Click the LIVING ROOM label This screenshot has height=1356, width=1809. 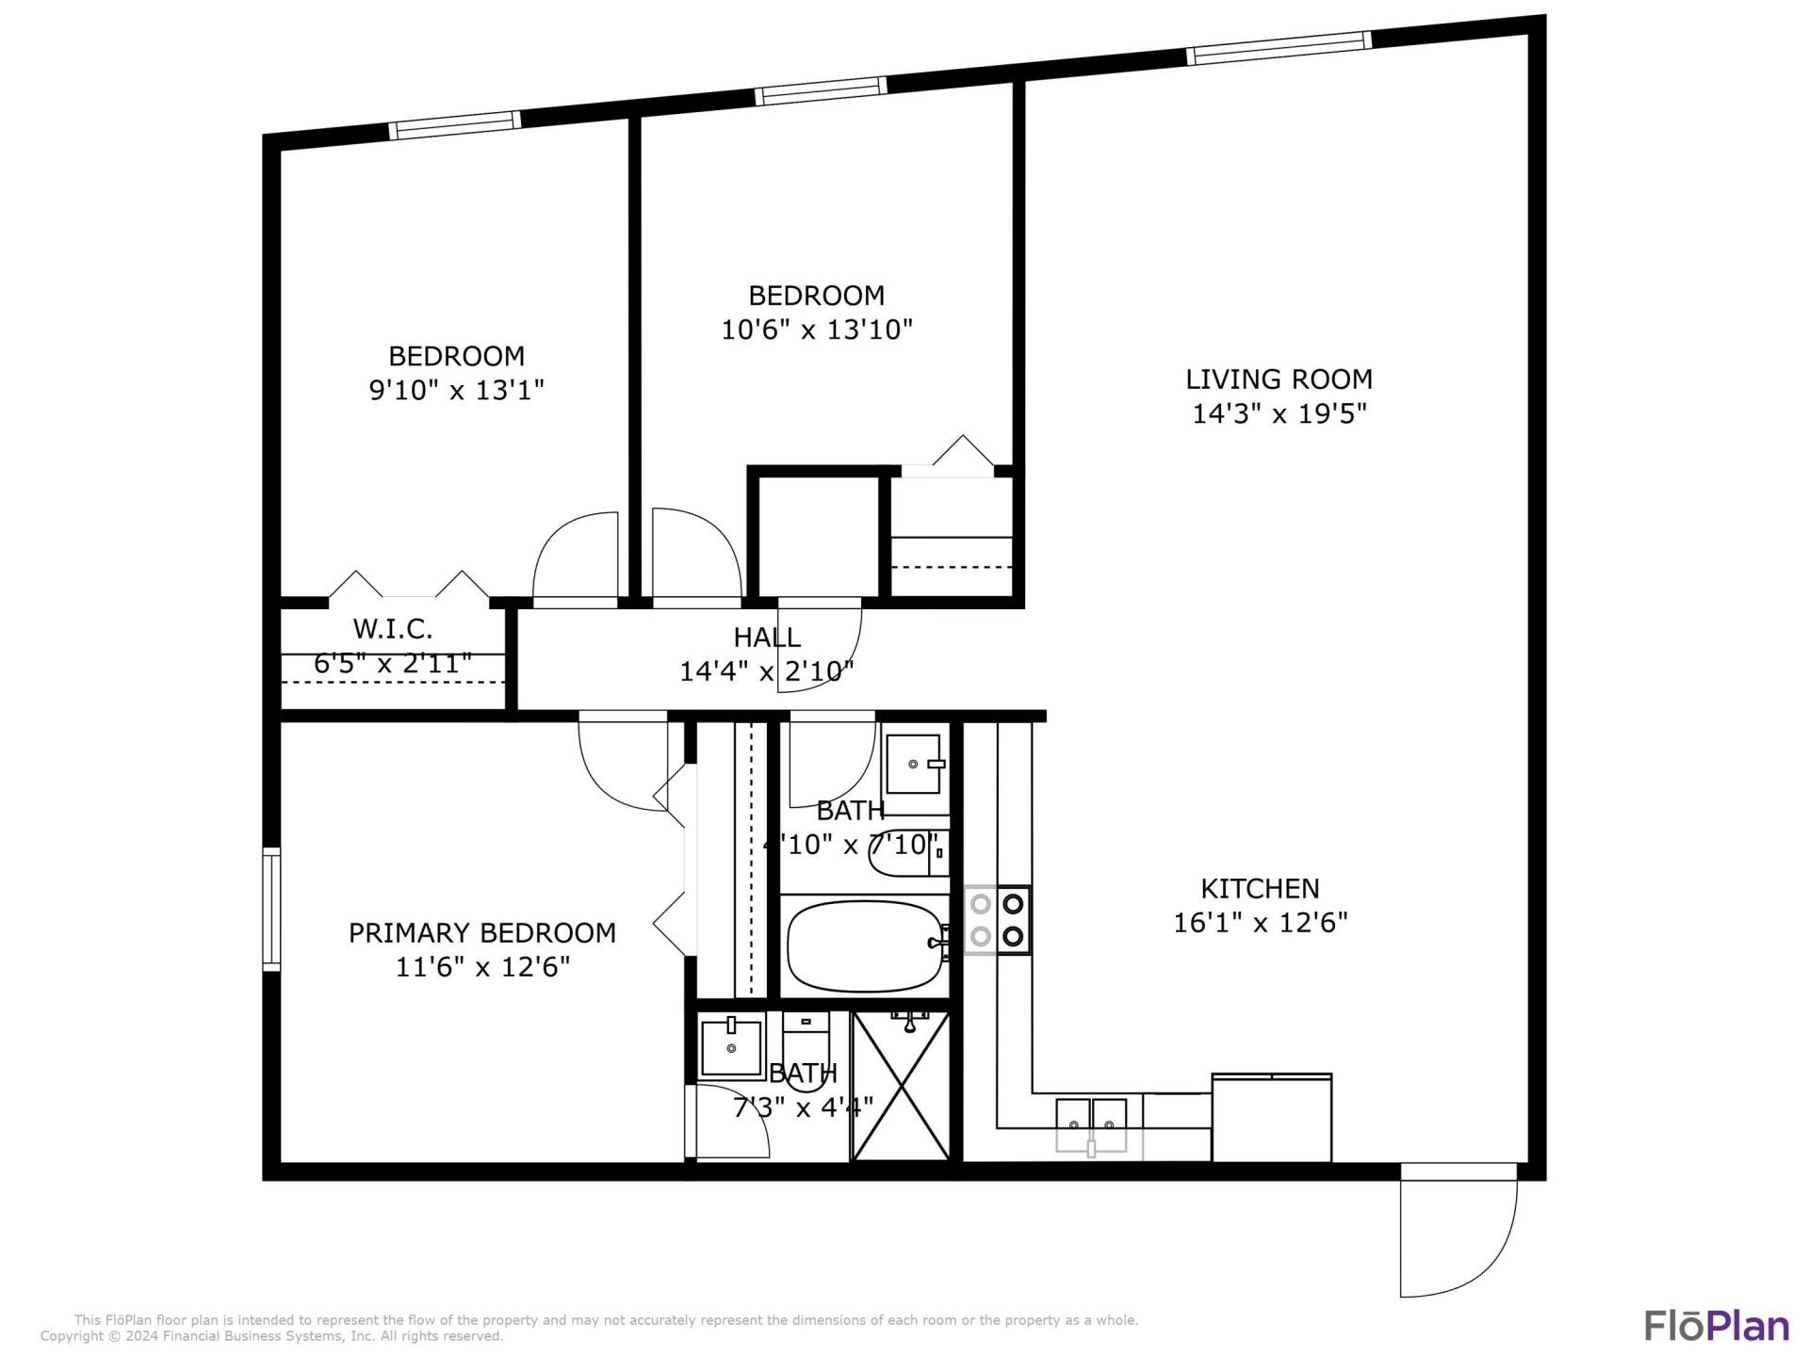tap(1279, 379)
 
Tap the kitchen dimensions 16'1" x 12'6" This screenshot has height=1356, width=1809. tap(1260, 922)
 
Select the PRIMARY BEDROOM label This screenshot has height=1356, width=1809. tap(481, 932)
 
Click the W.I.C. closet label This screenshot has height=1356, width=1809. tap(392, 628)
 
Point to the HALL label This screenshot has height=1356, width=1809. tap(767, 638)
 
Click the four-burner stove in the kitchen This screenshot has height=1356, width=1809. tap(997, 920)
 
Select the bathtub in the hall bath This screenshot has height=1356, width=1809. tap(865, 945)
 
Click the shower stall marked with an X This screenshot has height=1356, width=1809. tap(902, 1085)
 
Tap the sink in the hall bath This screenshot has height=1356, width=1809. tap(912, 764)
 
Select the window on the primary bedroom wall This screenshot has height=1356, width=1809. tap(271, 909)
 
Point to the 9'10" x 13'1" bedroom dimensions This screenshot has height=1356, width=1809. tap(456, 390)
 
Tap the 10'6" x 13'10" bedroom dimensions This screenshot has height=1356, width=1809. tap(816, 330)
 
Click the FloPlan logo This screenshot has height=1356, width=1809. tap(1716, 1325)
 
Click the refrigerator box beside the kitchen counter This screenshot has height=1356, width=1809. tap(1271, 1118)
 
